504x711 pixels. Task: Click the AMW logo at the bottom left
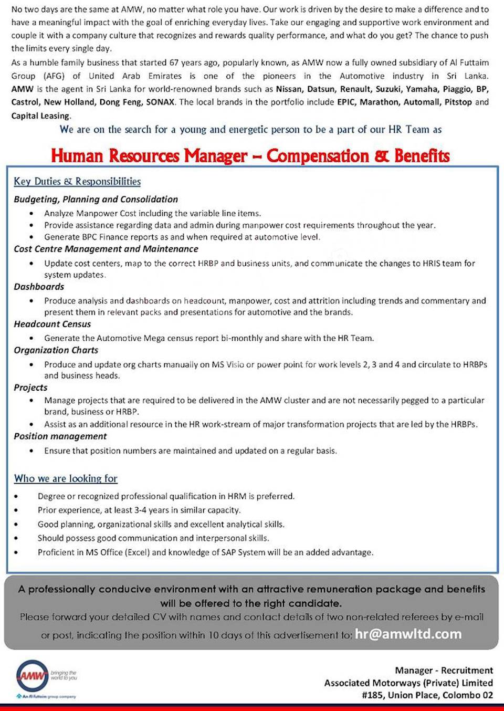tap(33, 675)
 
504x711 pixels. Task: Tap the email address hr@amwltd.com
tap(408, 634)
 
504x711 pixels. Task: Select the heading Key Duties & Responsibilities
tap(77, 181)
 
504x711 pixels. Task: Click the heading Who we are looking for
tap(66, 478)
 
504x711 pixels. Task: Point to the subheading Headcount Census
tap(52, 324)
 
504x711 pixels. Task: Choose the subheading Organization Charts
tap(56, 350)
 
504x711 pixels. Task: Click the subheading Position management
tap(60, 436)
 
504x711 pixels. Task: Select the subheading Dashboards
tap(39, 287)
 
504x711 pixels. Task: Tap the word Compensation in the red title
tap(317, 156)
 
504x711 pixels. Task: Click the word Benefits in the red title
tap(422, 156)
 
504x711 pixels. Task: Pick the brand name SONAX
tap(160, 102)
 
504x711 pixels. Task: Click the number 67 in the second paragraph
tap(174, 62)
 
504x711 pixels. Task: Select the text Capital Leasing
tap(40, 116)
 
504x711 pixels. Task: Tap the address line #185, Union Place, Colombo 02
tap(427, 695)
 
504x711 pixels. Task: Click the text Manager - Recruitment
tap(444, 671)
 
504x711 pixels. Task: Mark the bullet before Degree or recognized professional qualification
tap(16, 496)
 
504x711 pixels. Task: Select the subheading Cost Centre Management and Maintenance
tap(106, 249)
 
